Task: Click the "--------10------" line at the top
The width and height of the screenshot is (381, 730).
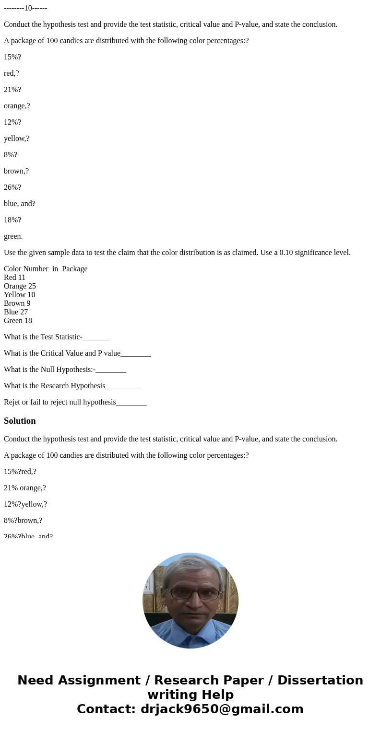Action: pyautogui.click(x=25, y=8)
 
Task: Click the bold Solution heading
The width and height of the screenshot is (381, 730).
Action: pyautogui.click(x=20, y=421)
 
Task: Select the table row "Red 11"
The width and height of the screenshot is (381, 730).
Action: pyautogui.click(x=14, y=278)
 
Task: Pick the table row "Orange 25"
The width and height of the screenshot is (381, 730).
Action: pyautogui.click(x=20, y=286)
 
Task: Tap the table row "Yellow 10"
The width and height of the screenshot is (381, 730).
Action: pyautogui.click(x=19, y=295)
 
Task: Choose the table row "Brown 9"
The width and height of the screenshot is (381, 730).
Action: pyautogui.click(x=17, y=303)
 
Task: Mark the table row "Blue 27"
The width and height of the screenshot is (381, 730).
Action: pyautogui.click(x=16, y=312)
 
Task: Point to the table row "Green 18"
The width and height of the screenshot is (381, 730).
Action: pyautogui.click(x=18, y=321)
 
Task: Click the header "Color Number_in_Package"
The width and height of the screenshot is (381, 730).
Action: pyautogui.click(x=46, y=269)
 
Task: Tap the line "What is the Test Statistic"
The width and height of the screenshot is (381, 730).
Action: pyautogui.click(x=56, y=337)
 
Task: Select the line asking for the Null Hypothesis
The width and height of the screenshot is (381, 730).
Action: pyautogui.click(x=65, y=370)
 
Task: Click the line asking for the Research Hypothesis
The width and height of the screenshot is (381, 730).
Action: pyautogui.click(x=71, y=386)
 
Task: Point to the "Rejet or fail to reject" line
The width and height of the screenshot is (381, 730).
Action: pyautogui.click(x=75, y=402)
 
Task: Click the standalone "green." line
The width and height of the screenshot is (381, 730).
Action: pyautogui.click(x=13, y=236)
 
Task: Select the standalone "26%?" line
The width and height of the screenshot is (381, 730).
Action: pyautogui.click(x=12, y=187)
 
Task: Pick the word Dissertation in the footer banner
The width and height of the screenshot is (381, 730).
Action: pyautogui.click(x=320, y=680)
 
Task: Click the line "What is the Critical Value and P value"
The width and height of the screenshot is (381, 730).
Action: pyautogui.click(x=77, y=353)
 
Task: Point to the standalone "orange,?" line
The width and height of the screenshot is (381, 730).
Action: pyautogui.click(x=17, y=106)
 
